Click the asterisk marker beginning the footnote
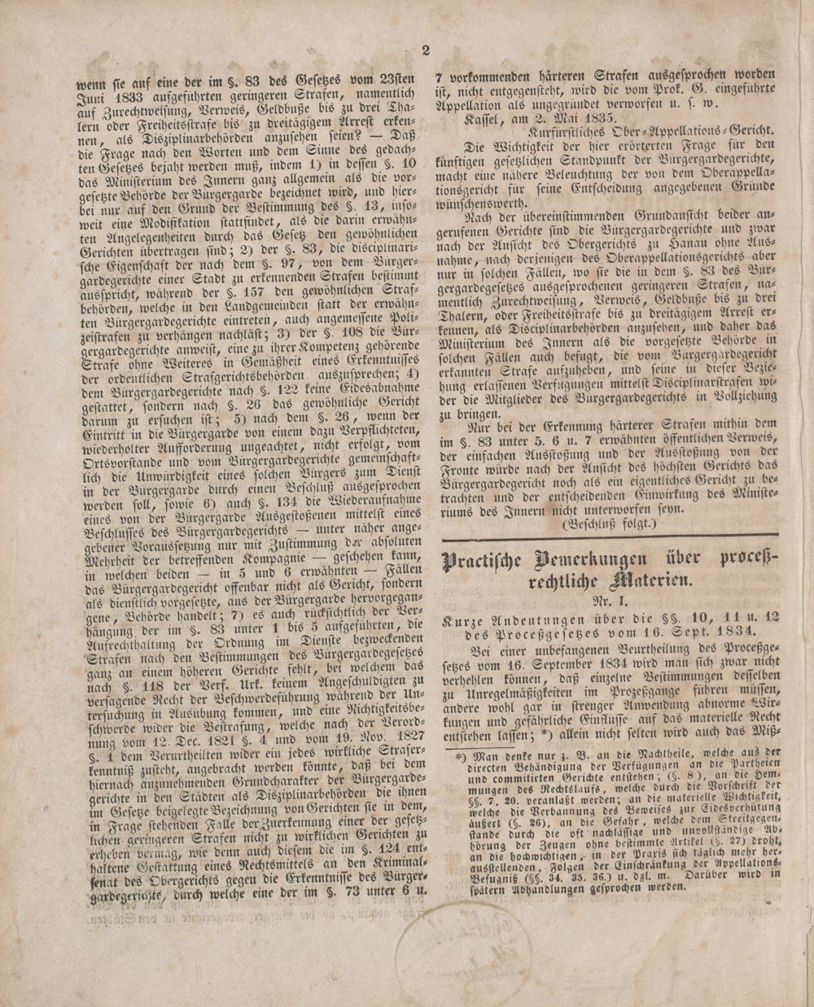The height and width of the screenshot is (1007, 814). click(x=460, y=755)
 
